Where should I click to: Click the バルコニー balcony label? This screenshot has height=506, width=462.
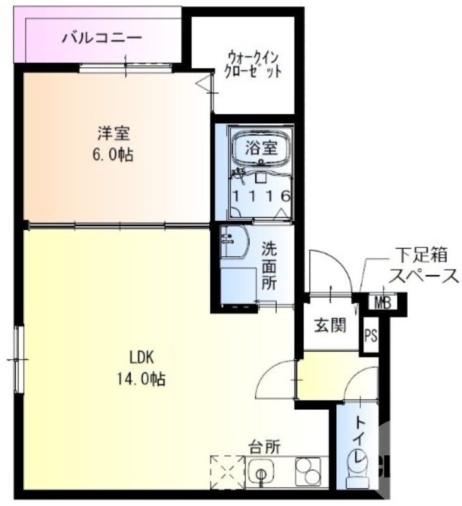coord(102,38)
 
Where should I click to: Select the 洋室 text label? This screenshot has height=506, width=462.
coord(114,133)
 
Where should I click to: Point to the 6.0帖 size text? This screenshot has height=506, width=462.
coord(114,155)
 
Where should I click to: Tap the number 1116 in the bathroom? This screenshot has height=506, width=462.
coord(261,196)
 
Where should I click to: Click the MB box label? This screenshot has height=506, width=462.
coord(383,302)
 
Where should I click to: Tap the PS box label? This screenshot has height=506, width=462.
coord(370,335)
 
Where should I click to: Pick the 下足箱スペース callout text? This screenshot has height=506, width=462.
coord(422,266)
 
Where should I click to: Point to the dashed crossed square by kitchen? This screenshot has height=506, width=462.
coord(226,471)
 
